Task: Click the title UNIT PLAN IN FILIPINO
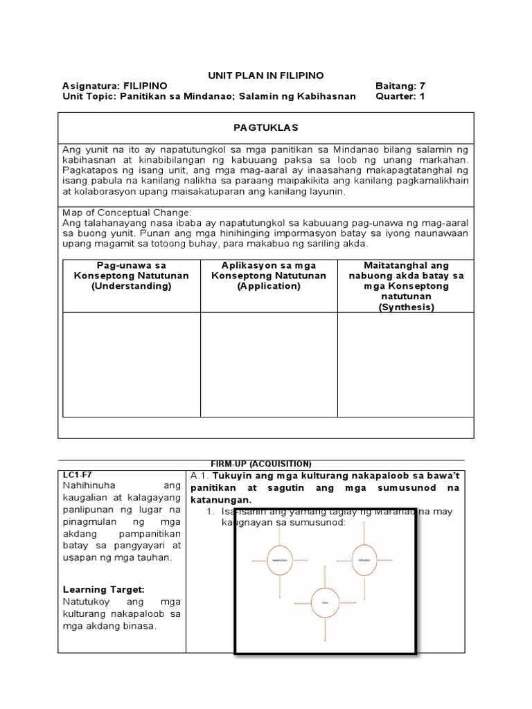pos(266,75)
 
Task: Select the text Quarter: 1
pos(400,96)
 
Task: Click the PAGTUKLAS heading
pos(266,128)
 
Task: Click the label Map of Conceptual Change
pos(127,213)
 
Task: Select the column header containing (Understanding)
pos(131,276)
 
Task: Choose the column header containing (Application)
pos(269,276)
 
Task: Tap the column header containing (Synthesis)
pos(406,286)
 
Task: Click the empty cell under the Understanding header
pos(131,364)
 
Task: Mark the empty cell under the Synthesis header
pos(406,364)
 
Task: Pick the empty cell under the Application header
pos(269,364)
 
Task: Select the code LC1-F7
pos(76,474)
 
